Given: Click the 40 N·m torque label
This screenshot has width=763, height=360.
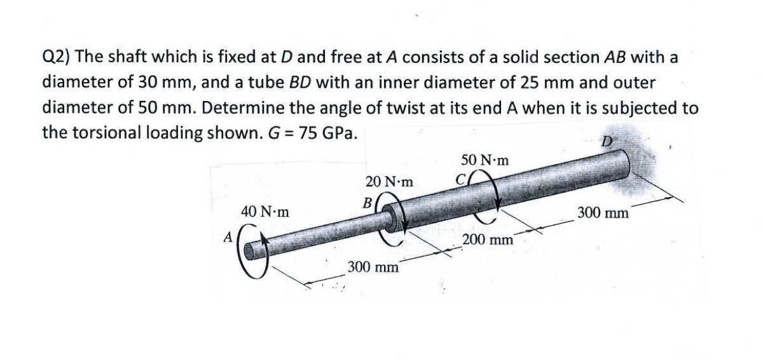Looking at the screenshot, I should coord(265,212).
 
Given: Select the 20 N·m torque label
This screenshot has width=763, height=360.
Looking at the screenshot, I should coord(390,182).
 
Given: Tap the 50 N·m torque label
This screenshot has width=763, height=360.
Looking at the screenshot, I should coord(485,160).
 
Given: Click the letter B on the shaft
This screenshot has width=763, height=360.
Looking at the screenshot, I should coord(366,202).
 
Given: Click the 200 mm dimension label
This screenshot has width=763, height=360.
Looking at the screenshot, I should coord(488,240).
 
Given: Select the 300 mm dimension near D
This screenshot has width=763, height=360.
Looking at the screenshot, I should coord(603,213).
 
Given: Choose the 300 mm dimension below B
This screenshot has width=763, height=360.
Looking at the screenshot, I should coord(373,267).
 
